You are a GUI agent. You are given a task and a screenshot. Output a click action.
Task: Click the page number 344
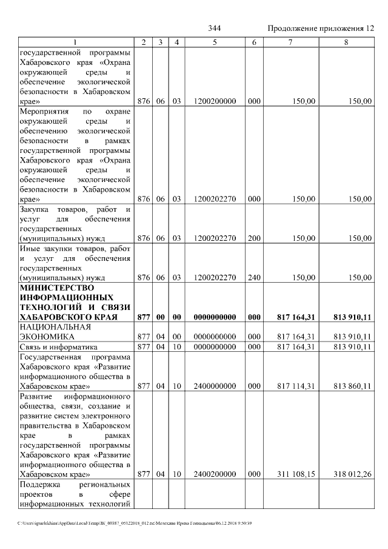[214, 29]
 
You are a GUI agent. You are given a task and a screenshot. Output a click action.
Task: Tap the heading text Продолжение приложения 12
[321, 29]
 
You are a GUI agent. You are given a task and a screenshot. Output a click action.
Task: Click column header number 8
[346, 42]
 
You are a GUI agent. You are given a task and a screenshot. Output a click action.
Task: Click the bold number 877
[144, 317]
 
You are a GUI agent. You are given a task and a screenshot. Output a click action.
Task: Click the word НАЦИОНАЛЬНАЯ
[55, 326]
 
